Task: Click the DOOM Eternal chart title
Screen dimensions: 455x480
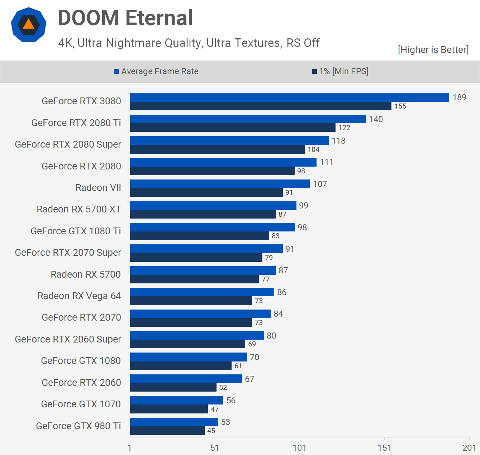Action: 125,18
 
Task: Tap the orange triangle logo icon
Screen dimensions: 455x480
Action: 29,24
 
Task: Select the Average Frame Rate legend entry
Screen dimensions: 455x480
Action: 156,71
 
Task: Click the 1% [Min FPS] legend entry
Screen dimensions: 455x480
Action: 340,71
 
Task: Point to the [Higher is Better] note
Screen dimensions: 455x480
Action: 433,49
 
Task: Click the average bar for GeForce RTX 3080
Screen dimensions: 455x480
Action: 289,97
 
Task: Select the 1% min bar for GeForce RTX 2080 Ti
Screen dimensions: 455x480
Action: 233,128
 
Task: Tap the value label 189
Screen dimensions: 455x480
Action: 459,97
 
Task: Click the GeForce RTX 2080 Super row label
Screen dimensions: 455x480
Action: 68,144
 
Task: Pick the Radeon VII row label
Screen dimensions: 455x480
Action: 98,188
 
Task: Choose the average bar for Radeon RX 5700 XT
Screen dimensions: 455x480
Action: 213,206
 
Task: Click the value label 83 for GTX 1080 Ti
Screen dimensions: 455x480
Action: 275,236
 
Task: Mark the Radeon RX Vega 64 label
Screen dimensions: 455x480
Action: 79,296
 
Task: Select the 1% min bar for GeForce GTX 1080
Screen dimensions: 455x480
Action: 181,366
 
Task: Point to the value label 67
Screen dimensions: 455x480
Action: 249,379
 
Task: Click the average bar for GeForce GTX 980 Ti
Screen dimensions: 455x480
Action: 174,422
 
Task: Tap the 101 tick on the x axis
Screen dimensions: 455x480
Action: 299,448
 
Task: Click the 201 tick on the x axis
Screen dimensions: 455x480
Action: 469,448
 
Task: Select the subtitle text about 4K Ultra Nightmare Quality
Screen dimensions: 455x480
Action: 189,43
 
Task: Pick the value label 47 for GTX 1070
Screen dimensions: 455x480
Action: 215,409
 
